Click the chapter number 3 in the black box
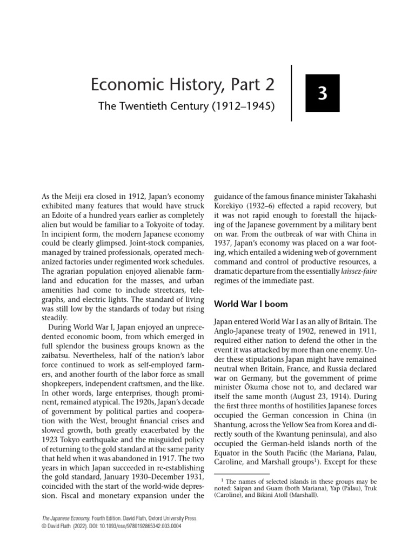tap(323, 93)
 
